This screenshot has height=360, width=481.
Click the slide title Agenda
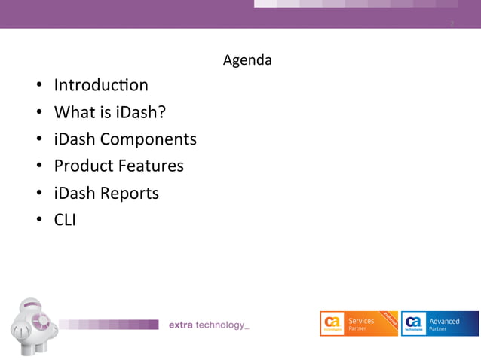[x=247, y=59]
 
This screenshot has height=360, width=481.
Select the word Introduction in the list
[x=101, y=85]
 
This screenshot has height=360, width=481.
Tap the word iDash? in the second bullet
[x=141, y=112]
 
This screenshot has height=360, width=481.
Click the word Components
[x=148, y=139]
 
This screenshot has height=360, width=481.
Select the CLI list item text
[x=65, y=220]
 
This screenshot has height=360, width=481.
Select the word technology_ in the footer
[x=222, y=325]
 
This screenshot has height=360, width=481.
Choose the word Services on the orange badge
[x=361, y=321]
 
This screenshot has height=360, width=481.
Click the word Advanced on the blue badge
[x=444, y=321]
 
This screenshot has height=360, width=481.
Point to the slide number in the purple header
[x=452, y=23]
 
